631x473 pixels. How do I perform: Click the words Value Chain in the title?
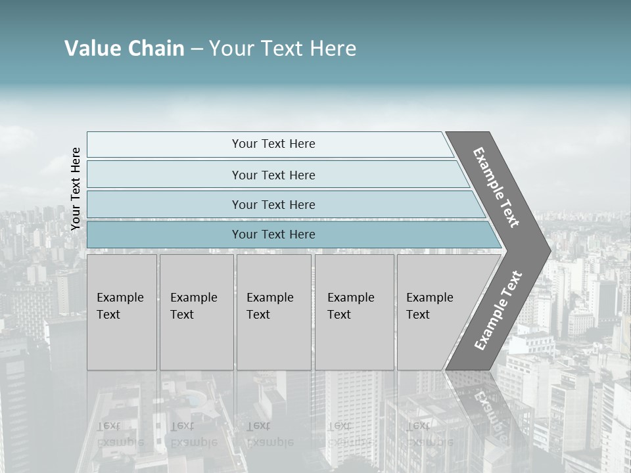pos(124,49)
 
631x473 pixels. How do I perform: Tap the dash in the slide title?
pos(197,49)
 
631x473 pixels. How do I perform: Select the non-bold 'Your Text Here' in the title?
pos(283,49)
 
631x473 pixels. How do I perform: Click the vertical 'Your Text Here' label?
pos(76,189)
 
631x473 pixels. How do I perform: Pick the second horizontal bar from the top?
pos(273,175)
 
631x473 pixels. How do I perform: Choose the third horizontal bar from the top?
pos(273,205)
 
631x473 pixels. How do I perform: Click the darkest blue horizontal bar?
pos(273,235)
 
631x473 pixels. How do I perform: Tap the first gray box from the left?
pos(122,312)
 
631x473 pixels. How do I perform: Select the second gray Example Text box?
pos(196,312)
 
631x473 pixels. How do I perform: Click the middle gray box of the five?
pos(273,312)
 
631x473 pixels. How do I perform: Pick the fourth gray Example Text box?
pos(354,312)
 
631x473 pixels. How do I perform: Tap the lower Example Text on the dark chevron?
pos(498,310)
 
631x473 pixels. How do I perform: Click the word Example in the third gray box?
pos(269,298)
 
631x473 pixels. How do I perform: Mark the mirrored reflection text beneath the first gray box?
pos(120,434)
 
